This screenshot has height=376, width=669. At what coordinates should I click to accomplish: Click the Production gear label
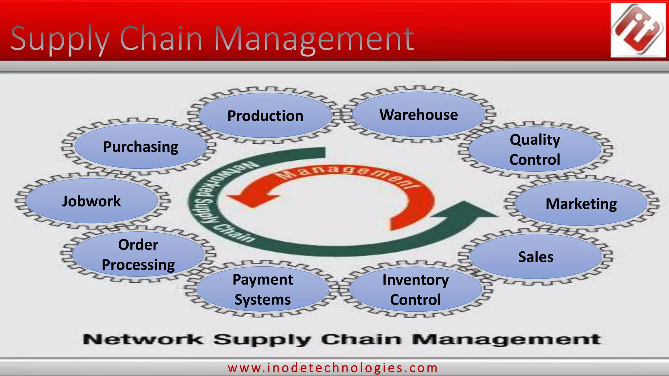[265, 116]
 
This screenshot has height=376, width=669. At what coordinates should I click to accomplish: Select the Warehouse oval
[418, 115]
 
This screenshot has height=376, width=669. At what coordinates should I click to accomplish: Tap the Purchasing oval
[140, 147]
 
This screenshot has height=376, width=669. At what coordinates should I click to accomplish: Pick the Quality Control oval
[535, 149]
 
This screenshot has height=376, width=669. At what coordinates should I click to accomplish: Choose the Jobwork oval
[91, 201]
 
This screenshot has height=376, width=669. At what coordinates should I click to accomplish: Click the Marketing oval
[581, 204]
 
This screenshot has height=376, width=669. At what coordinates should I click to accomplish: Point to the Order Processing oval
[138, 255]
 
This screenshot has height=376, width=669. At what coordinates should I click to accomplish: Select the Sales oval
[536, 257]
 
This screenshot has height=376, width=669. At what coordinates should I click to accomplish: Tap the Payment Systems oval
[263, 290]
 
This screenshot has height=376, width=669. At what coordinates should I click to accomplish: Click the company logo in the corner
[638, 30]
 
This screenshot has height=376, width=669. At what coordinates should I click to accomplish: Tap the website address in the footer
[333, 368]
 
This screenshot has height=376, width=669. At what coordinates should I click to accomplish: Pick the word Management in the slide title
[314, 39]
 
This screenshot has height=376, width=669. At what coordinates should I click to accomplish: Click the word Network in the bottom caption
[143, 339]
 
